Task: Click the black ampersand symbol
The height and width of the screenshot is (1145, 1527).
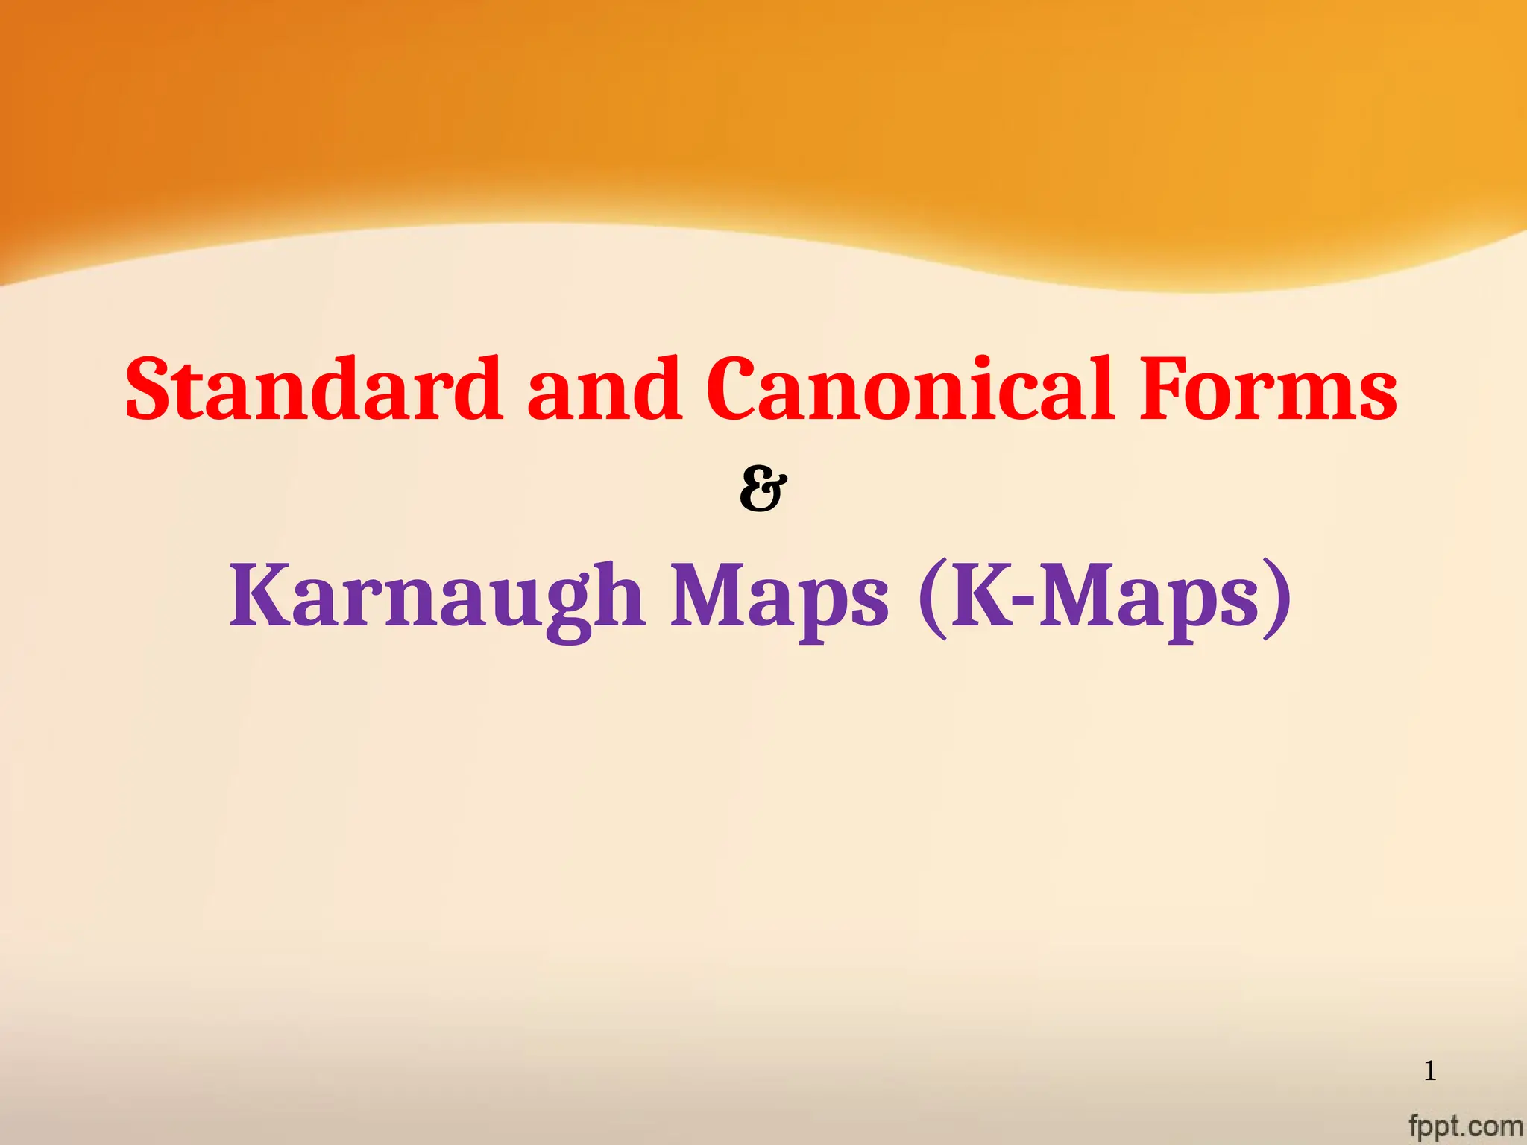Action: point(763,490)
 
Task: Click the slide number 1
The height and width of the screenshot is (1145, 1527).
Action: point(1430,1072)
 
